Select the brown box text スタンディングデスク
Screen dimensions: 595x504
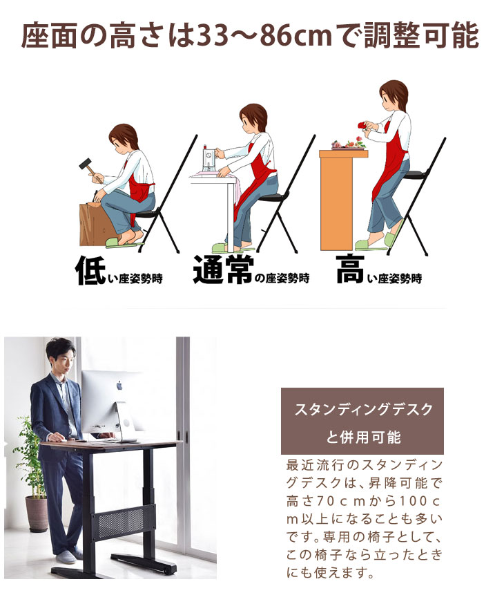click(x=363, y=409)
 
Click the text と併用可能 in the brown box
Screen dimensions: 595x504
click(x=363, y=437)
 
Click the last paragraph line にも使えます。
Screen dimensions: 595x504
click(x=327, y=573)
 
